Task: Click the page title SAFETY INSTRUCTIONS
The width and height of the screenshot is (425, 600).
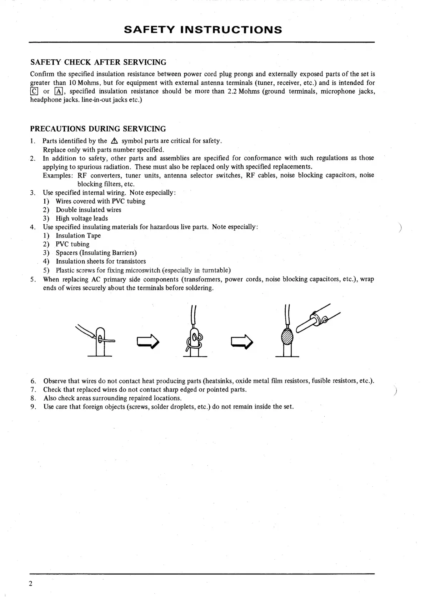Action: coord(203,30)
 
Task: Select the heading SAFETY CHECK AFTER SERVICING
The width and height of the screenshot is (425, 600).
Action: coord(98,62)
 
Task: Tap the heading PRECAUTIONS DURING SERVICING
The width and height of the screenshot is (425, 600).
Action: coord(98,129)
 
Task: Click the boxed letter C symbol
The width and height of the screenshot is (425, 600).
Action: coord(34,91)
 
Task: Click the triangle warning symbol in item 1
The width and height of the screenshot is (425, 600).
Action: coord(114,141)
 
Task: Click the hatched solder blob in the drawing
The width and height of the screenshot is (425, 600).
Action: coord(287,336)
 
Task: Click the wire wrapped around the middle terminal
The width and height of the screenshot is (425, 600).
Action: coord(194,342)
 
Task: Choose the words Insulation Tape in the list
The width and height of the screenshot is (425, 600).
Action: coord(78,236)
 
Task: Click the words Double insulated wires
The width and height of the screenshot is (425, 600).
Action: coord(88,210)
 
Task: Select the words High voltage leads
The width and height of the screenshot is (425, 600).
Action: coord(81,219)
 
